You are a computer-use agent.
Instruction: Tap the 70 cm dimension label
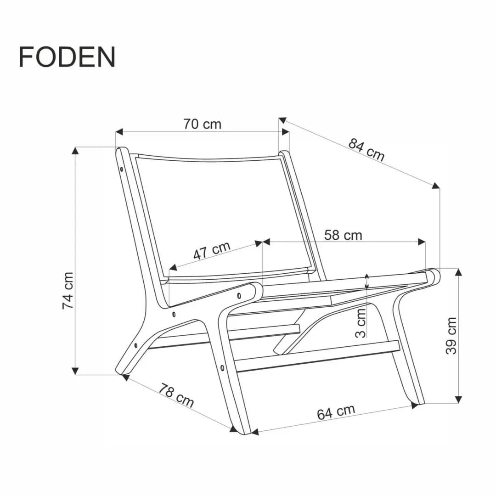tap(202, 124)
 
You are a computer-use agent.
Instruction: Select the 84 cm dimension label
tap(366, 150)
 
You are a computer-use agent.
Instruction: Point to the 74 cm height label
tap(68, 290)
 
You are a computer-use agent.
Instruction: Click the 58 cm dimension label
tap(343, 235)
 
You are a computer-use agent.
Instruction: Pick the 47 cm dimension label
tap(211, 251)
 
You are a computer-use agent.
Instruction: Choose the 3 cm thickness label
tap(361, 322)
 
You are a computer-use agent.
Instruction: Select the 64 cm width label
tap(336, 412)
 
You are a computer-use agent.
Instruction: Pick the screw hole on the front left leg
tap(223, 368)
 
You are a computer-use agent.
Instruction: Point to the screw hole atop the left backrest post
tap(122, 169)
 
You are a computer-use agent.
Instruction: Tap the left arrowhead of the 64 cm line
tap(255, 432)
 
